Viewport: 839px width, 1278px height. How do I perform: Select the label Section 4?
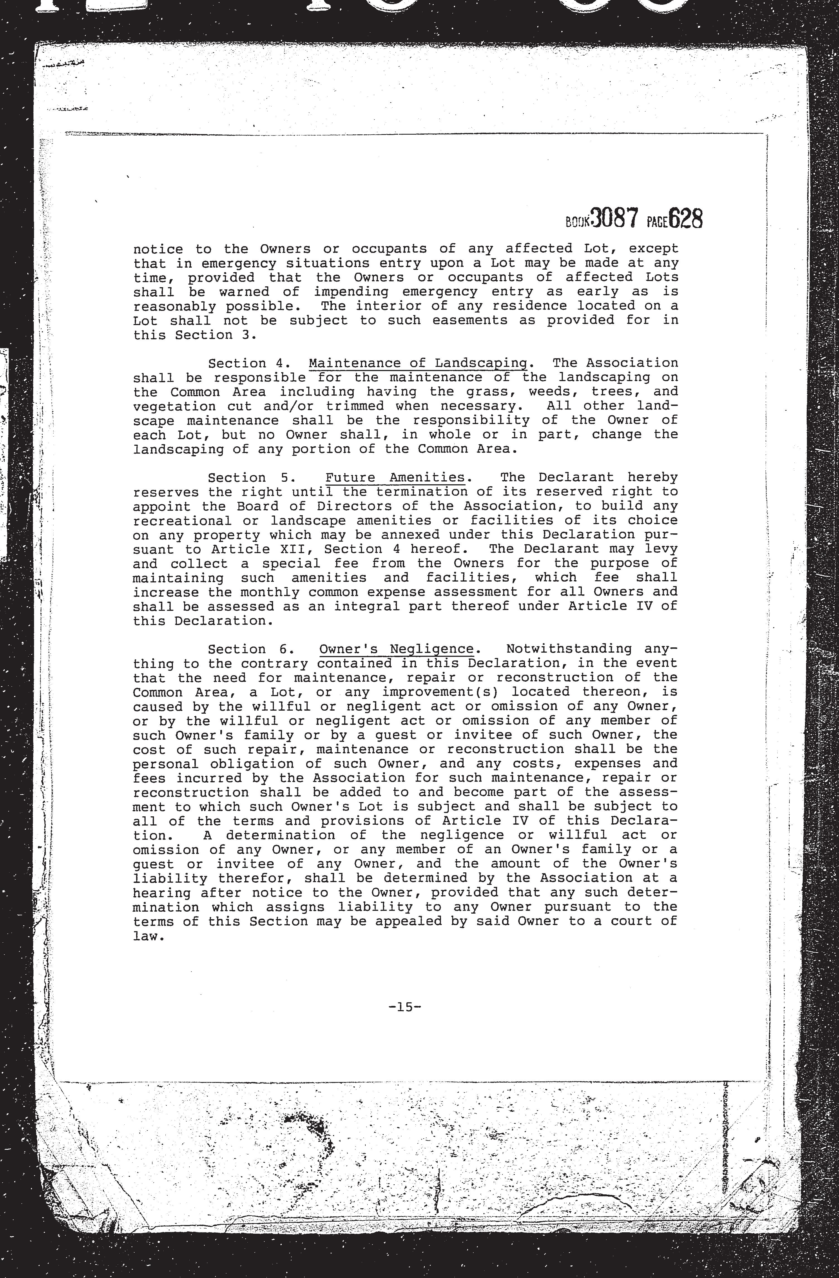coord(249,364)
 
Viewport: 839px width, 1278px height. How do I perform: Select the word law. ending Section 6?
coord(148,936)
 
